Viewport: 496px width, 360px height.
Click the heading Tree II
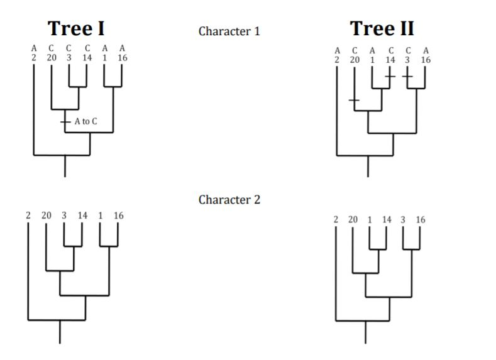point(382,29)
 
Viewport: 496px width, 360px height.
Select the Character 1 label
point(229,31)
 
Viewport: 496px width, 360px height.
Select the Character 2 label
point(229,200)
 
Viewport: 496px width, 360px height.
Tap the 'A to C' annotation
point(85,121)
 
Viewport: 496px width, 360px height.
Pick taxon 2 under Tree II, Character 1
point(337,60)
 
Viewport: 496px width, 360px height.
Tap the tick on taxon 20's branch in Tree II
point(355,100)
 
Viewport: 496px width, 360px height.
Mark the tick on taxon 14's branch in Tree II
point(390,76)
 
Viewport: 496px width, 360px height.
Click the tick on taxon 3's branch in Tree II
point(407,76)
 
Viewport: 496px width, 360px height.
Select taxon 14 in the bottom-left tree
point(82,215)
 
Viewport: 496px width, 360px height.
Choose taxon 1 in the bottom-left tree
point(100,215)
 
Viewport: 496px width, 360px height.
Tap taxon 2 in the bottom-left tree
point(28,215)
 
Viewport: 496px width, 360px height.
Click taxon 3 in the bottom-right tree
point(403,220)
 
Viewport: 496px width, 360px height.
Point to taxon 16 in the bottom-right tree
point(420,220)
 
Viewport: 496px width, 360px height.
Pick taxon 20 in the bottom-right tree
point(353,220)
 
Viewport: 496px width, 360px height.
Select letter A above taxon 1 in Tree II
point(372,51)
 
